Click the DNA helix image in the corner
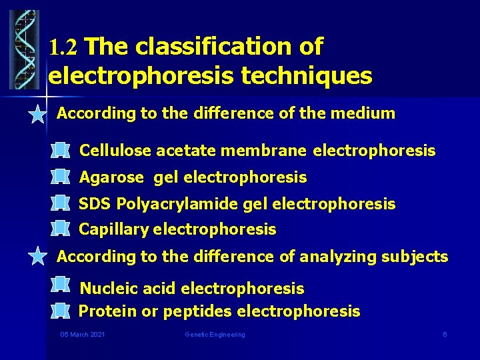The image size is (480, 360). point(24,50)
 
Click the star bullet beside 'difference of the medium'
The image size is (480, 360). point(38,114)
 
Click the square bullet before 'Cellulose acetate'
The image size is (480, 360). point(60,151)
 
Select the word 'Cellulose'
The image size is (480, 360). point(115,151)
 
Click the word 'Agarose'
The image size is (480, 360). point(111,177)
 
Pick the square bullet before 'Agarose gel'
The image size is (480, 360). point(60,177)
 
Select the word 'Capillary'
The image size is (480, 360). point(114,230)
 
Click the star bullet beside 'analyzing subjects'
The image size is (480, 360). point(38,257)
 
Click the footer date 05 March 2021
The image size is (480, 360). point(82,334)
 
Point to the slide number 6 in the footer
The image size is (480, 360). point(445,334)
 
